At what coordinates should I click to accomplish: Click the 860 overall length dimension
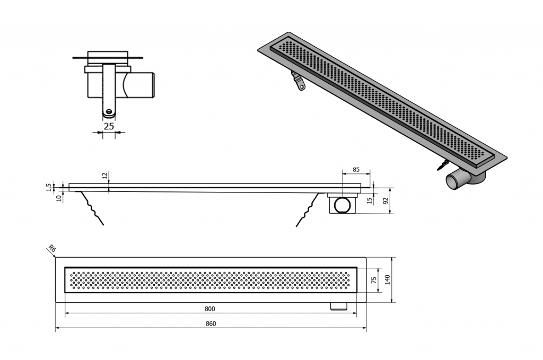tap(211, 323)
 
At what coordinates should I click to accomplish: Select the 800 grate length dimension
tap(210, 309)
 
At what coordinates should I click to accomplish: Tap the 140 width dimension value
tap(387, 280)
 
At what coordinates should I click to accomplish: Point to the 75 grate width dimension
tap(374, 280)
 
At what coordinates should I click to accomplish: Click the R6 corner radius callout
tap(51, 248)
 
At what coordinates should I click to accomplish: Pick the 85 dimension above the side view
tap(356, 170)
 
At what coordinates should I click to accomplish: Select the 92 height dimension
tap(387, 201)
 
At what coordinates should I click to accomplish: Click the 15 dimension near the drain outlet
tap(370, 200)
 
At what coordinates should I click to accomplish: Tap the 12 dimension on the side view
tap(105, 175)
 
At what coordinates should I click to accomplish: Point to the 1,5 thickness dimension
tap(49, 187)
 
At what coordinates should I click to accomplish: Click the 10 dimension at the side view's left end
tap(58, 198)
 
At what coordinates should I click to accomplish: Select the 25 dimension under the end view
tap(109, 126)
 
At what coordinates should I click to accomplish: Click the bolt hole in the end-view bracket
tap(109, 111)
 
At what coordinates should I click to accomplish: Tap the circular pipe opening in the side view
tap(342, 206)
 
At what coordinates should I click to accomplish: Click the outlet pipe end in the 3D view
tap(453, 181)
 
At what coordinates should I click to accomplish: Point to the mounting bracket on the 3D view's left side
tap(298, 81)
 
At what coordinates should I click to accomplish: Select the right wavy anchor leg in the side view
tap(308, 209)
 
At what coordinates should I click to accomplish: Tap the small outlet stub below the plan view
tap(339, 306)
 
